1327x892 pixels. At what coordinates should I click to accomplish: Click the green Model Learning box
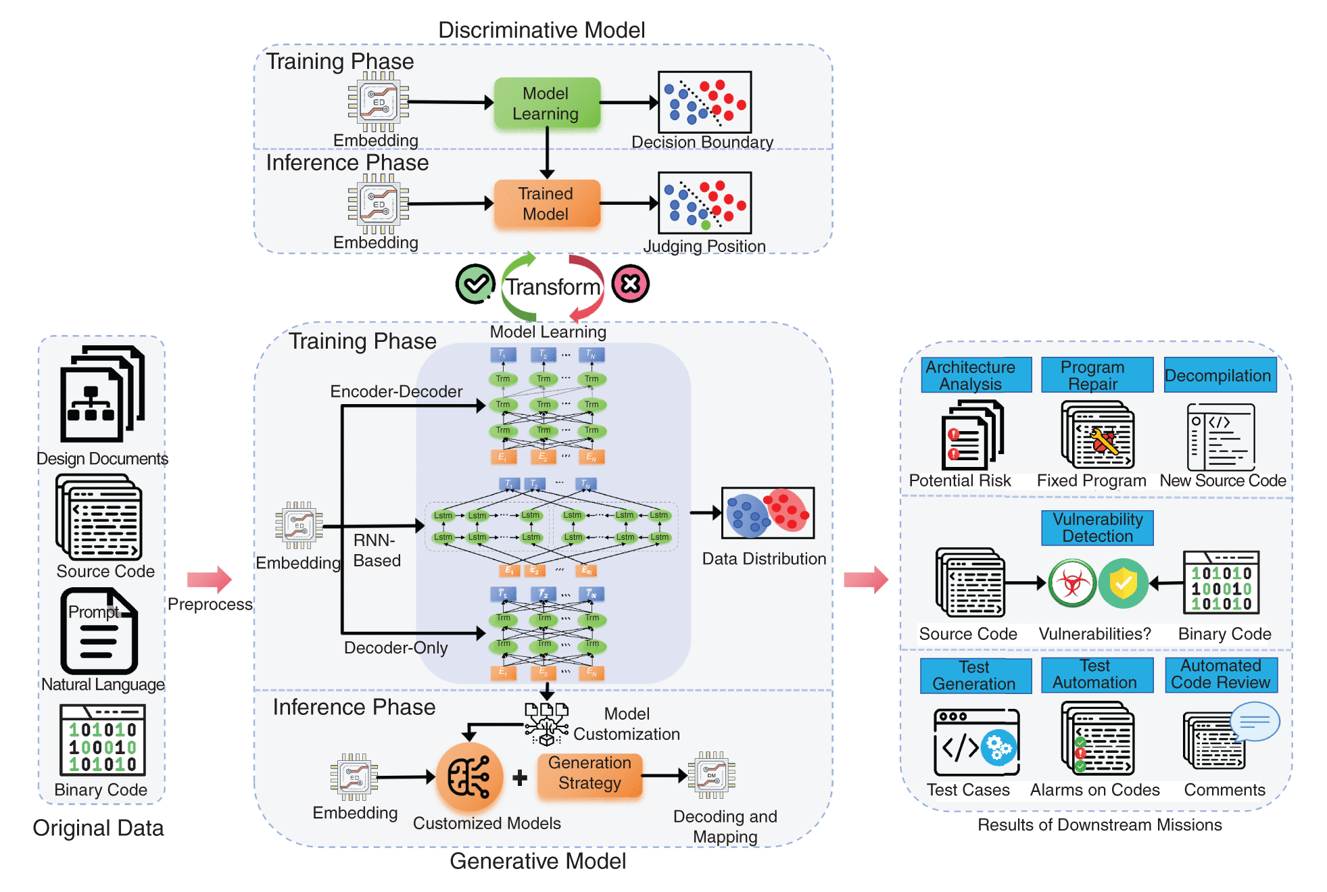[546, 103]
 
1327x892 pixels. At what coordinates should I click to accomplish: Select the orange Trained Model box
[546, 203]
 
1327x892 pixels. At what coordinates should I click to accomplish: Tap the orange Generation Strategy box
[589, 773]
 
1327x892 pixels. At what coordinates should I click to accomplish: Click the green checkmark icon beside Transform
[475, 284]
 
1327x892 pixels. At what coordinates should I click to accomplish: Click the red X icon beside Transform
[630, 284]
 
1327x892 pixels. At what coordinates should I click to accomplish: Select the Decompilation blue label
[1220, 376]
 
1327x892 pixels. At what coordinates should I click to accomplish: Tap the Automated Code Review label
[1221, 674]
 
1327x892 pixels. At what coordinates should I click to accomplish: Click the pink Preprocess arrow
[209, 579]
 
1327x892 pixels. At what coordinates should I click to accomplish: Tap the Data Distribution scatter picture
[767, 513]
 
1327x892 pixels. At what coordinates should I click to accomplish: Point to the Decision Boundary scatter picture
[704, 103]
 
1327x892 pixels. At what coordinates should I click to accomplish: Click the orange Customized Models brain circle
[469, 777]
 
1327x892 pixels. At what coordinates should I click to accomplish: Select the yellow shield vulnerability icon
[1123, 583]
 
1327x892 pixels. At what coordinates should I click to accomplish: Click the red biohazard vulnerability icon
[1072, 583]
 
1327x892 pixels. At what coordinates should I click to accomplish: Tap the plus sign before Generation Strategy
[520, 778]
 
